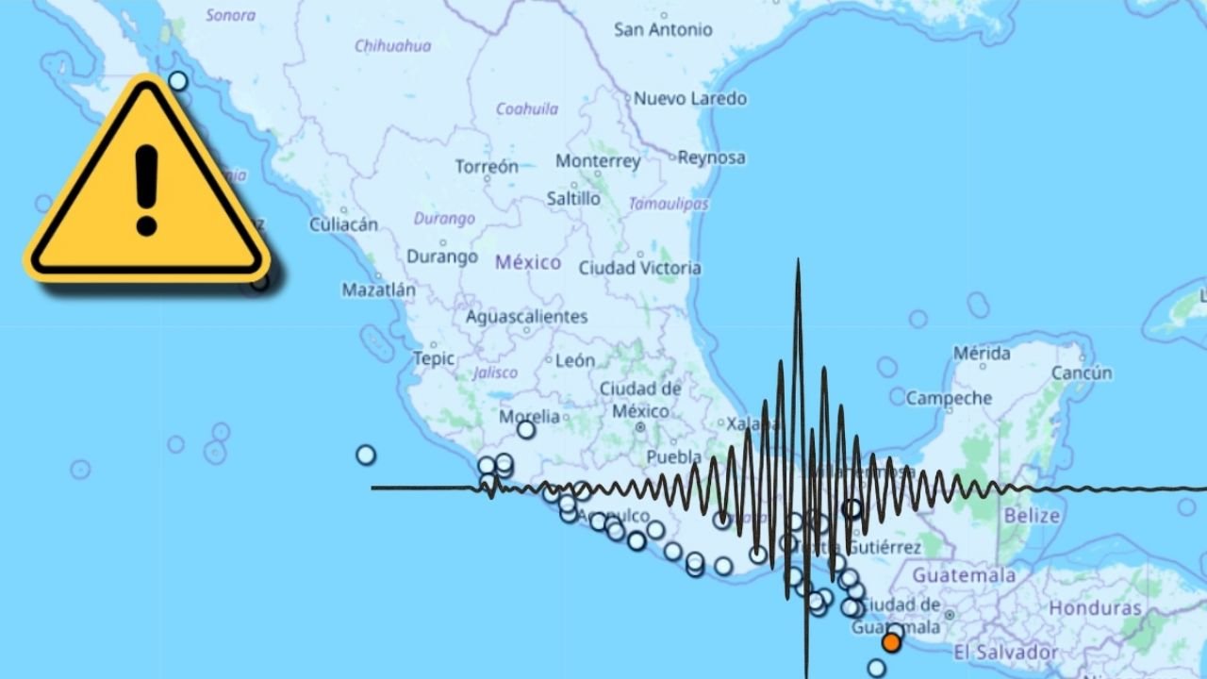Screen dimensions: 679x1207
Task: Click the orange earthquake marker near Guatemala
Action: pyautogui.click(x=891, y=643)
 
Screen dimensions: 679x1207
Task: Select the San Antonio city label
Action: pyautogui.click(x=663, y=29)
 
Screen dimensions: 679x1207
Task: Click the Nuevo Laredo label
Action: pyautogui.click(x=689, y=98)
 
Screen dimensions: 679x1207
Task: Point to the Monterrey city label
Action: pyautogui.click(x=598, y=161)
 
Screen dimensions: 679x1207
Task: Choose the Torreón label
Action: pyautogui.click(x=487, y=167)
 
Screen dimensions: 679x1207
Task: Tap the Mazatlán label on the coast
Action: pyautogui.click(x=378, y=290)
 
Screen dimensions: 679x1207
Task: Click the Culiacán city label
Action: pyautogui.click(x=343, y=224)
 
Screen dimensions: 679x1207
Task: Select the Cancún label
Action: pyautogui.click(x=1082, y=373)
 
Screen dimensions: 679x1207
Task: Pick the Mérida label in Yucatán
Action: pyautogui.click(x=982, y=354)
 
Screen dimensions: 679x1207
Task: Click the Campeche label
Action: pyautogui.click(x=949, y=399)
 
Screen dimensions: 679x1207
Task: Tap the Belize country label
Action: pyautogui.click(x=1032, y=516)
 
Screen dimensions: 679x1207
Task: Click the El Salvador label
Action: pyautogui.click(x=1005, y=653)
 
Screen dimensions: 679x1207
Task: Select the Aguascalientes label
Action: pyautogui.click(x=526, y=317)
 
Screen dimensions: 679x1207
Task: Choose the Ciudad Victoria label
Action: pyautogui.click(x=639, y=269)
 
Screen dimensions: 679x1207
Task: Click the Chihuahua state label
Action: pyautogui.click(x=392, y=45)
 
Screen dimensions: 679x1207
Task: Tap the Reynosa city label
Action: pyautogui.click(x=711, y=157)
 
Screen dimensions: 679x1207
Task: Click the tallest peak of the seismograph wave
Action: pyautogui.click(x=798, y=264)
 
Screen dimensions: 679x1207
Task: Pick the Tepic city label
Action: pyautogui.click(x=434, y=358)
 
